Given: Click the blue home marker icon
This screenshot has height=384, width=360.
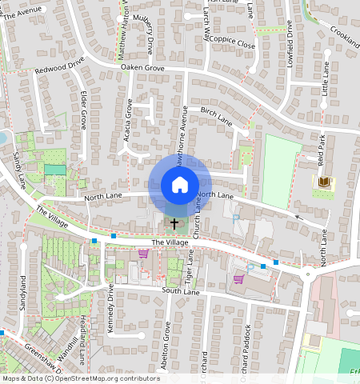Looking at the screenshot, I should [x=180, y=185].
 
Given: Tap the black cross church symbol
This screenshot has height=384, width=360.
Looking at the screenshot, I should [x=174, y=223].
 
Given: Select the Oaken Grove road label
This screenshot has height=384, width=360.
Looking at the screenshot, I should [x=142, y=69].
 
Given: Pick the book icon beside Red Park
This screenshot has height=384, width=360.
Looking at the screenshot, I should [x=323, y=183].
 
